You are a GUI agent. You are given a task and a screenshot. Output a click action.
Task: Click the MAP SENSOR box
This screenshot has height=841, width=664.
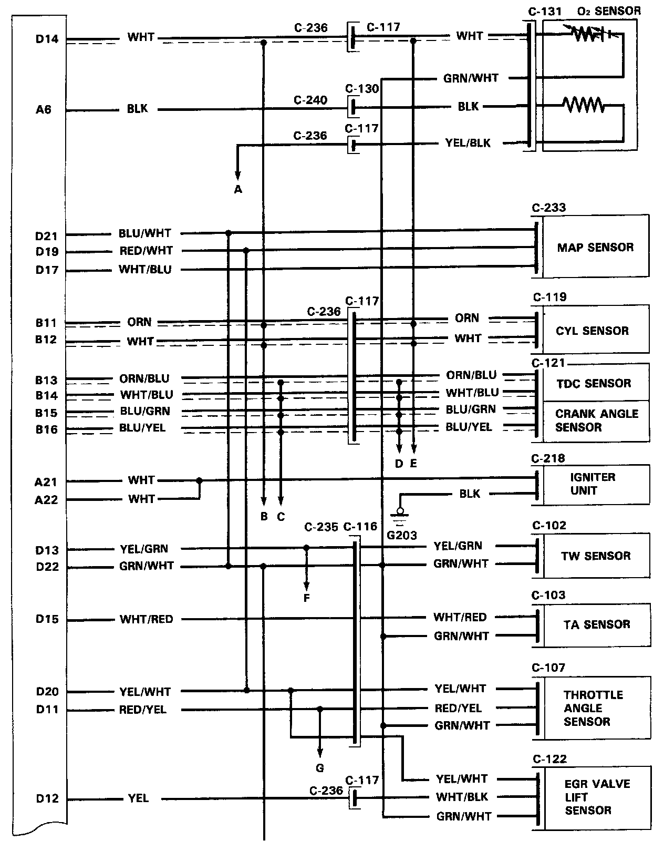[x=595, y=247]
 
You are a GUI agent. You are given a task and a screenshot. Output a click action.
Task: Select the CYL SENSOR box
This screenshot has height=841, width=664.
[x=592, y=331]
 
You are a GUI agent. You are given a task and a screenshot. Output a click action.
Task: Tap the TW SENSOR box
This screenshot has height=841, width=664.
[x=596, y=556]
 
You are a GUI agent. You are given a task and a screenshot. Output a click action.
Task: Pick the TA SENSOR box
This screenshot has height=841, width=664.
[x=596, y=624]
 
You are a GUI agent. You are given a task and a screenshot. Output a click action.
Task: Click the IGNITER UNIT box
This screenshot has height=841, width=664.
[x=593, y=484]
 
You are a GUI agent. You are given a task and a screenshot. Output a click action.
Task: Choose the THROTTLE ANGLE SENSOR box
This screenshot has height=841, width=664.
[x=594, y=707]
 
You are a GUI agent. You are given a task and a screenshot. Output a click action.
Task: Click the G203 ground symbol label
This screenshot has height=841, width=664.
[x=401, y=536]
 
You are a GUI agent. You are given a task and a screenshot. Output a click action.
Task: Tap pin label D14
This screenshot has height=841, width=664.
[x=47, y=38]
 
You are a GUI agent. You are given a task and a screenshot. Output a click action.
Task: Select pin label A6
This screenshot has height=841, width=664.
[x=44, y=110]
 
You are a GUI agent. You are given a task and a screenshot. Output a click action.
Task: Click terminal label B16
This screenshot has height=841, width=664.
[x=46, y=429]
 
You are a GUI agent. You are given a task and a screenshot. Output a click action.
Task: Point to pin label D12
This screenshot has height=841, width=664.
[x=47, y=798]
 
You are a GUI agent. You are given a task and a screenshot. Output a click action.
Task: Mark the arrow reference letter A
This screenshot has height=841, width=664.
[x=238, y=189]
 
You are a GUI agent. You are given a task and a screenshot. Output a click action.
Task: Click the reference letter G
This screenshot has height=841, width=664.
[x=320, y=768]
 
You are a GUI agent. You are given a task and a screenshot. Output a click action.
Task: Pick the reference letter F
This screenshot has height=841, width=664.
[x=307, y=598]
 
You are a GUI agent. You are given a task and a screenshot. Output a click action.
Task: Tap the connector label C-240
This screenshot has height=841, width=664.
[x=310, y=100]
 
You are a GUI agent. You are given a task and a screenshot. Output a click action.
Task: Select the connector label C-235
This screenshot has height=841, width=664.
[x=320, y=527]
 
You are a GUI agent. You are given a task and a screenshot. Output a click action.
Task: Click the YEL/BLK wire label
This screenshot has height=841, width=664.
[x=468, y=142]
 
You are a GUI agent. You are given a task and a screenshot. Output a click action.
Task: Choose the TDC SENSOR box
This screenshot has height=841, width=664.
[x=594, y=383]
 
